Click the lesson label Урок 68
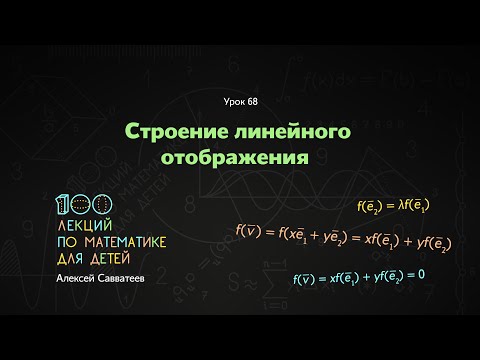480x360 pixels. click(x=240, y=103)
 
